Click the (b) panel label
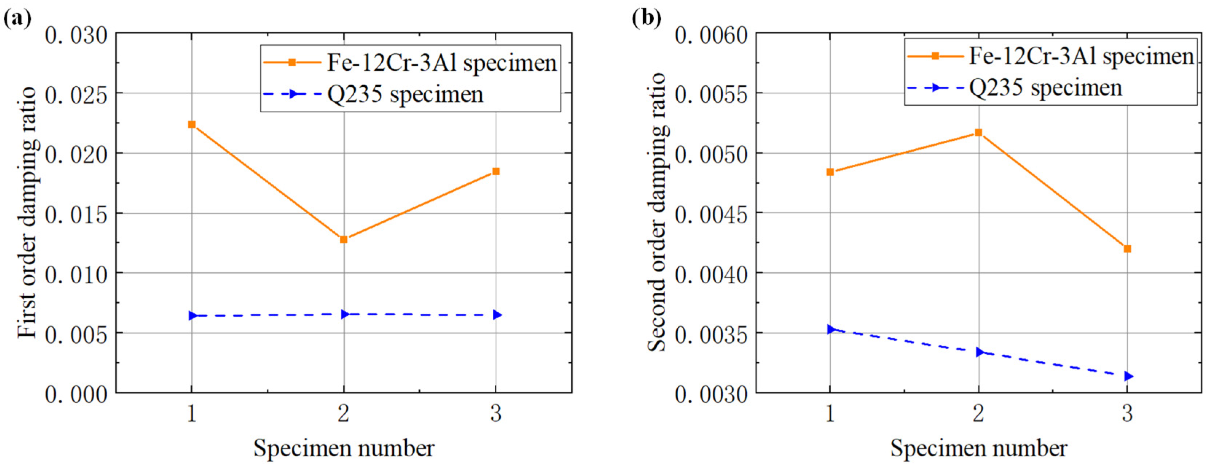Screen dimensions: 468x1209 (x=646, y=19)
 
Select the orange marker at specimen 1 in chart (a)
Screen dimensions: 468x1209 (x=192, y=125)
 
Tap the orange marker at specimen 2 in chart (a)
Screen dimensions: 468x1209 (x=343, y=239)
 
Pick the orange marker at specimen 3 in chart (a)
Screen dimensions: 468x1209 (x=496, y=172)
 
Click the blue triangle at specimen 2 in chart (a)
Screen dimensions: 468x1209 (x=345, y=314)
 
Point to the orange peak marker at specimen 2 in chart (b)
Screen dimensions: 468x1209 (x=978, y=133)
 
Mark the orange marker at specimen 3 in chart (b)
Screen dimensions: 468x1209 (x=1127, y=249)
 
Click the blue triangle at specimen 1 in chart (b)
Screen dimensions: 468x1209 (x=831, y=329)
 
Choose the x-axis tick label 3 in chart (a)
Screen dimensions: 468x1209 (x=496, y=413)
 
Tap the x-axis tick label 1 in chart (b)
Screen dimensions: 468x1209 (x=830, y=413)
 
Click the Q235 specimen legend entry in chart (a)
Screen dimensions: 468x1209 (x=405, y=94)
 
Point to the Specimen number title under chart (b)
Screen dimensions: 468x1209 (x=978, y=448)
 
